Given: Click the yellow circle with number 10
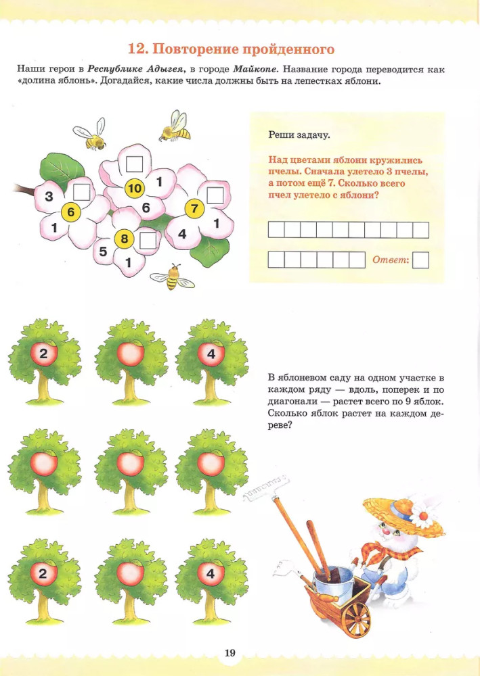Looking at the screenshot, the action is point(134,189).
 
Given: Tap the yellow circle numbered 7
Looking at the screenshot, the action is point(194,209).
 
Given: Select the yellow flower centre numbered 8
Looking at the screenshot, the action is point(125,239).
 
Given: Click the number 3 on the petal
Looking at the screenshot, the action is point(49,197).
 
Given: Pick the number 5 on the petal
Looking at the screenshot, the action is point(103,251).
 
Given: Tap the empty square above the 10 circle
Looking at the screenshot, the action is point(134,164).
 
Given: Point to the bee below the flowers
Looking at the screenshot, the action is point(172,276).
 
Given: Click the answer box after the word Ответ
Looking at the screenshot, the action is point(420,260).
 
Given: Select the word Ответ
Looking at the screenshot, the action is point(390,260).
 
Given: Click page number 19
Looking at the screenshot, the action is point(230,653).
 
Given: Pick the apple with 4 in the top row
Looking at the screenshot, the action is point(211,354).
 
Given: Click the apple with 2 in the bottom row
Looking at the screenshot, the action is point(43,573).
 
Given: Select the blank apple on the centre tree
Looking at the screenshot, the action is point(131,463).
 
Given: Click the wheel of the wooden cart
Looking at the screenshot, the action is point(355,619).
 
